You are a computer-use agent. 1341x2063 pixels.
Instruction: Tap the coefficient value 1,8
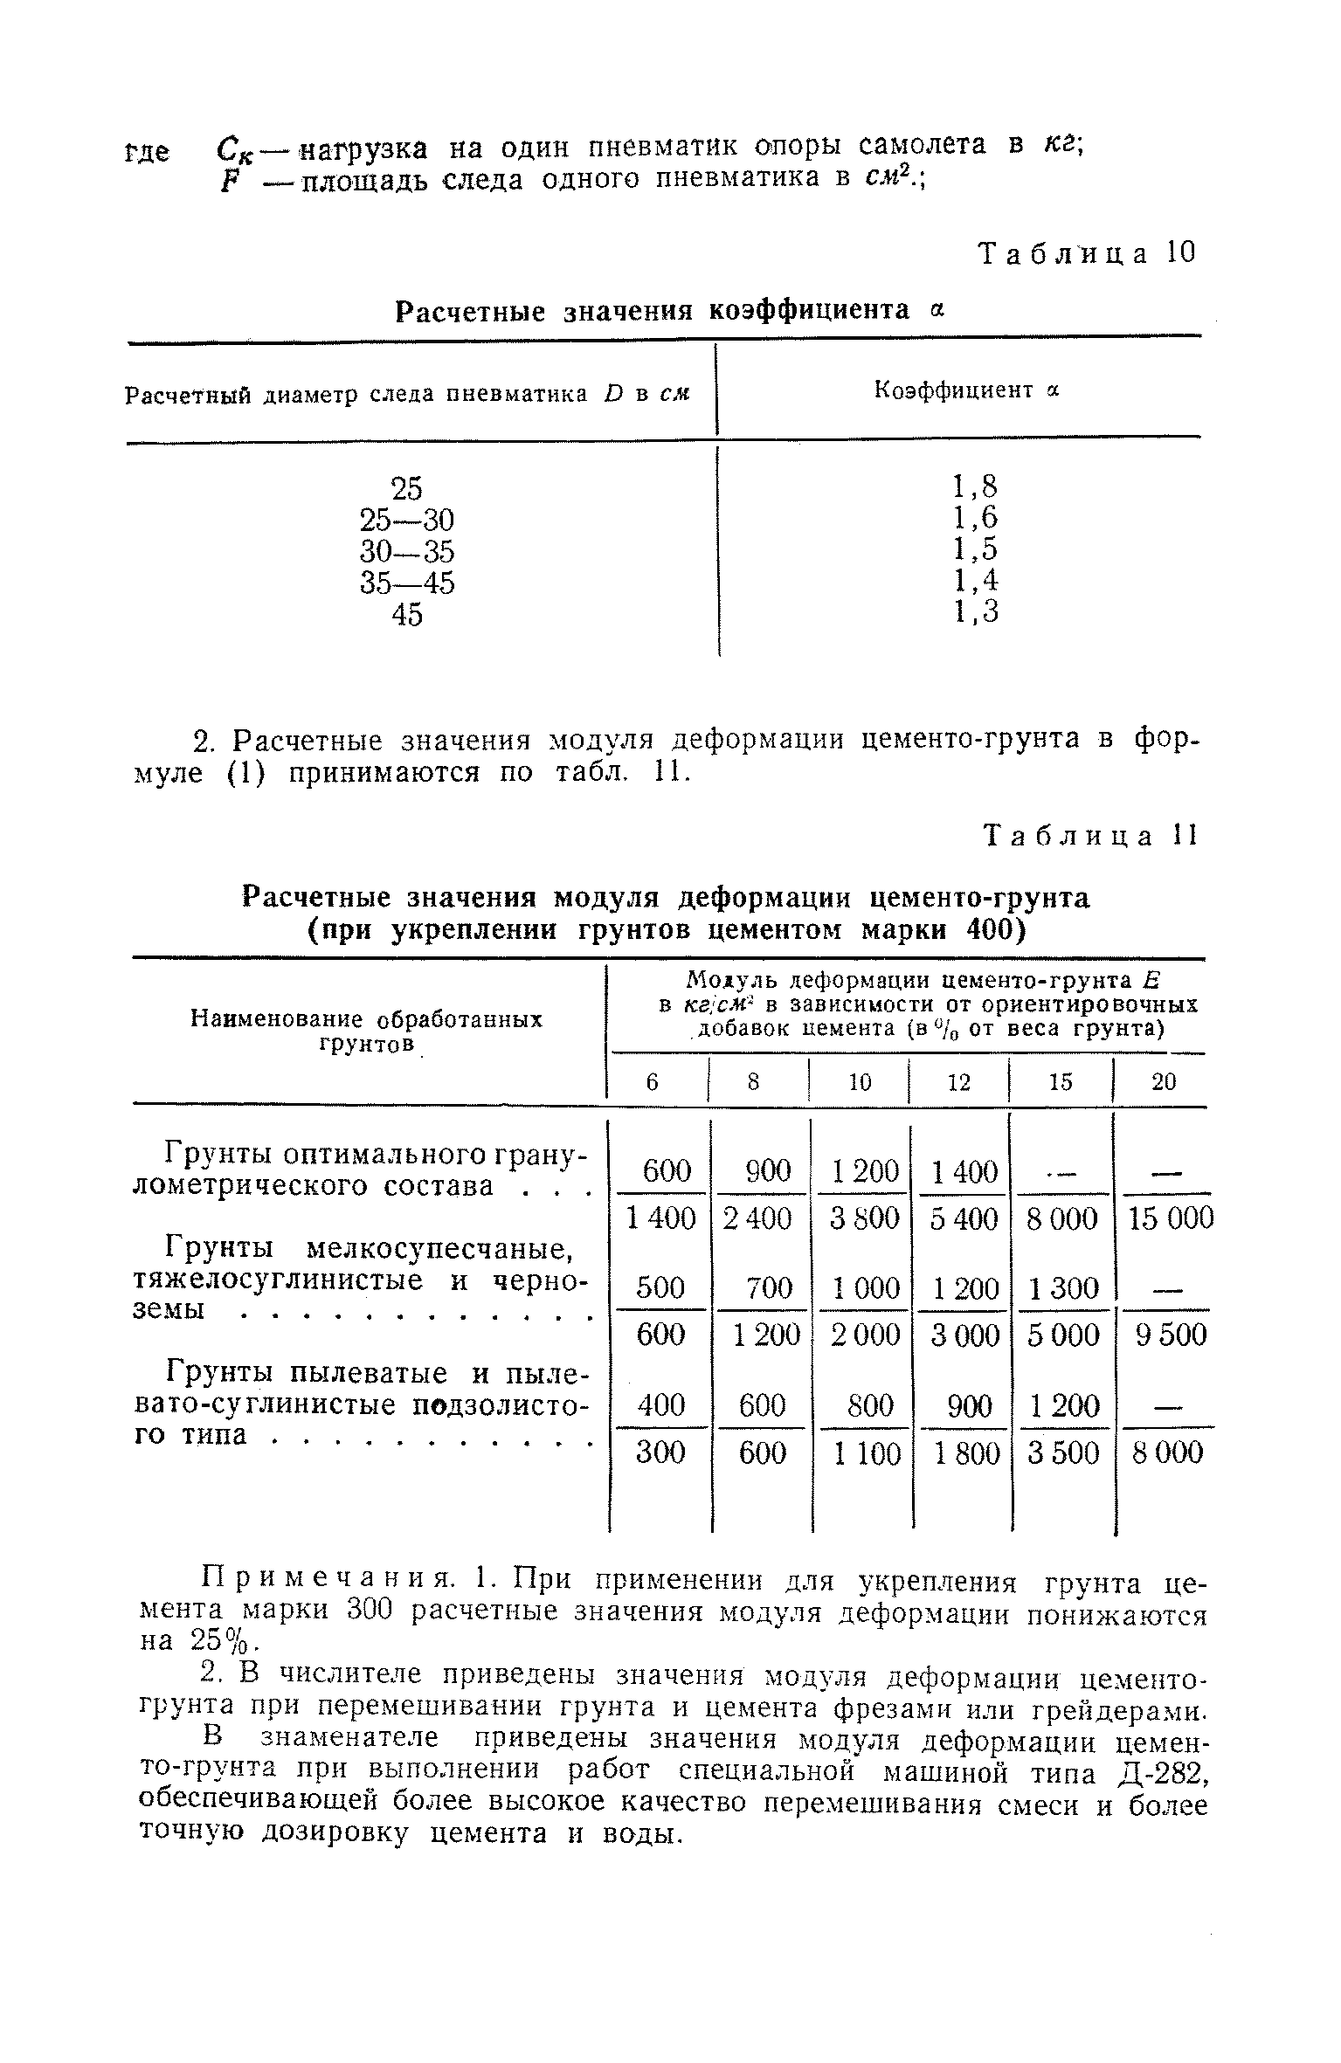[x=975, y=486]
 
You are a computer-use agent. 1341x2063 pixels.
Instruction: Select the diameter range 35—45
[x=407, y=583]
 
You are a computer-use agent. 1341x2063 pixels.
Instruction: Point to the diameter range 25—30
[x=407, y=520]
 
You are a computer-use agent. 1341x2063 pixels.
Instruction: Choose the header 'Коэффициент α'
[x=966, y=390]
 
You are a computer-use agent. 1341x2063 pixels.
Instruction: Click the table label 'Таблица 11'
[x=1089, y=836]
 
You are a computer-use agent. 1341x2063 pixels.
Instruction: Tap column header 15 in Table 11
[x=1060, y=1082]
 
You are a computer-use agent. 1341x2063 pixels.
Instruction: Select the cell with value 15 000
[x=1171, y=1218]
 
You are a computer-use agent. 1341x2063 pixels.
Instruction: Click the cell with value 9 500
[x=1171, y=1335]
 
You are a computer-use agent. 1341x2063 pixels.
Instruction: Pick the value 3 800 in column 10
[x=865, y=1218]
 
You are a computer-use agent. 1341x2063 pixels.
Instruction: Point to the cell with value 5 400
[x=964, y=1218]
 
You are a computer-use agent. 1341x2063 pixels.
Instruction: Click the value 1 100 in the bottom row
[x=865, y=1452]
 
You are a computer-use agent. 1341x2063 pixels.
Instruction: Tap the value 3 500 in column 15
[x=1061, y=1452]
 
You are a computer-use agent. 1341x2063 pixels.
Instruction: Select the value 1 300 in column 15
[x=1061, y=1287]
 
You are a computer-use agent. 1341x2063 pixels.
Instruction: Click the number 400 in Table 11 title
[x=992, y=929]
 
